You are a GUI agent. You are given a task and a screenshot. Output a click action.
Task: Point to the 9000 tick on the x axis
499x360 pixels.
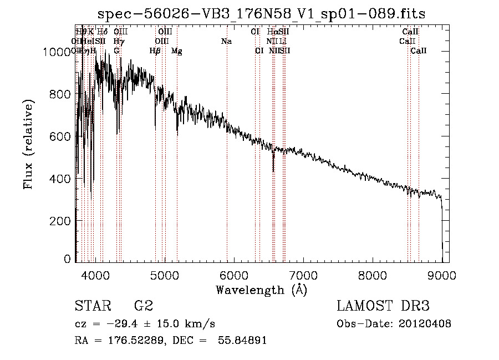442,275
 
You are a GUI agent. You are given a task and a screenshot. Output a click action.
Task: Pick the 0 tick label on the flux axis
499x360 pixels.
67,258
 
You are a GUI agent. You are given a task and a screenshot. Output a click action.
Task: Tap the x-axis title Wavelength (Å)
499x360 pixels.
261,290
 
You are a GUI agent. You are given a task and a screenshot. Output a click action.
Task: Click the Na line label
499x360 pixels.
226,41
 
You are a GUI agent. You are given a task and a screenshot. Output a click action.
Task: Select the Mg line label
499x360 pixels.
177,51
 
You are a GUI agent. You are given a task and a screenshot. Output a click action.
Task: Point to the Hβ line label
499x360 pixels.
155,51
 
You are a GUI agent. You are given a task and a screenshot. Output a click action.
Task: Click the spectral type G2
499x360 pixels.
143,306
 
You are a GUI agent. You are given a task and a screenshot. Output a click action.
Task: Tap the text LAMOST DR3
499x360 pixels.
383,306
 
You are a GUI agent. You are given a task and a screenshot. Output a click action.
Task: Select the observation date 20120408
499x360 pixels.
425,324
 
